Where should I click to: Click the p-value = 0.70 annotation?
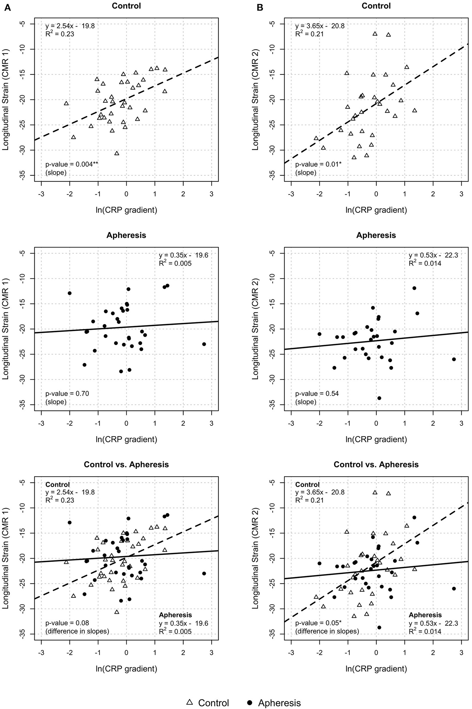(x=67, y=393)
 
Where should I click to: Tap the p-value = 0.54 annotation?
(x=317, y=393)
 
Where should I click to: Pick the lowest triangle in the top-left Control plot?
(x=117, y=153)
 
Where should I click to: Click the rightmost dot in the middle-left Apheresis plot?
(x=204, y=344)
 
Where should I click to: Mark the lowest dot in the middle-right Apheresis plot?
(x=379, y=398)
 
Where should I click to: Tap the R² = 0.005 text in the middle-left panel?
(x=175, y=264)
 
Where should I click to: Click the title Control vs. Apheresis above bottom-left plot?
(x=126, y=465)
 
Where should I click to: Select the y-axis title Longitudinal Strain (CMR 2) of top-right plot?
(x=255, y=99)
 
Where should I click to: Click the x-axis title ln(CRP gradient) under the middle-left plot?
(x=126, y=439)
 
